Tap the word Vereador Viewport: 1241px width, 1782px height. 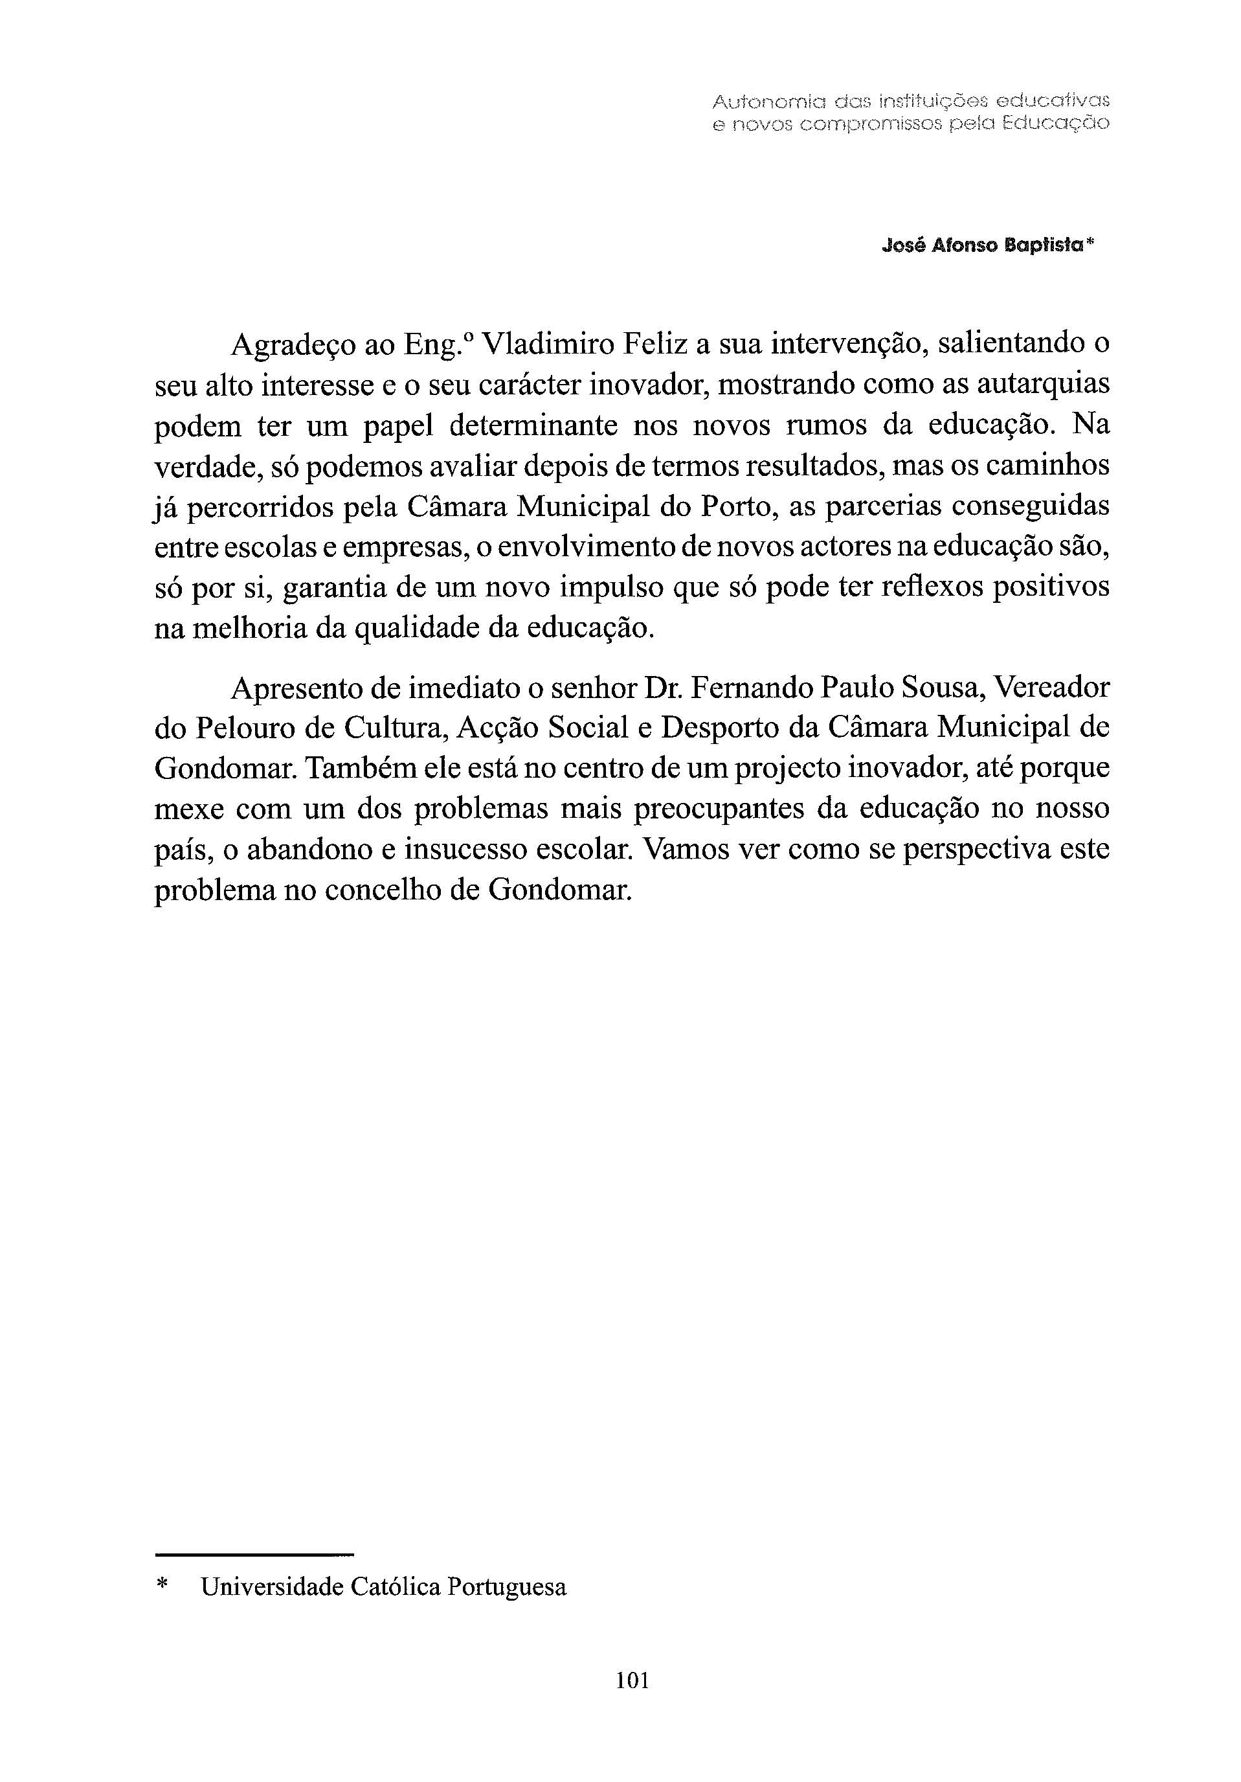click(1051, 688)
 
